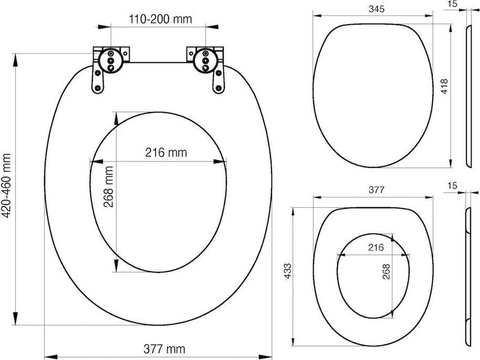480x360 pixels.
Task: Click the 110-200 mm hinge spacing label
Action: coord(160,19)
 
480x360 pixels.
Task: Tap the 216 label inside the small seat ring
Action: coord(375,248)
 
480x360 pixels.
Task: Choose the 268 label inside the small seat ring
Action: coord(386,272)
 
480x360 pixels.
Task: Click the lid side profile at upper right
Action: coord(469,96)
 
